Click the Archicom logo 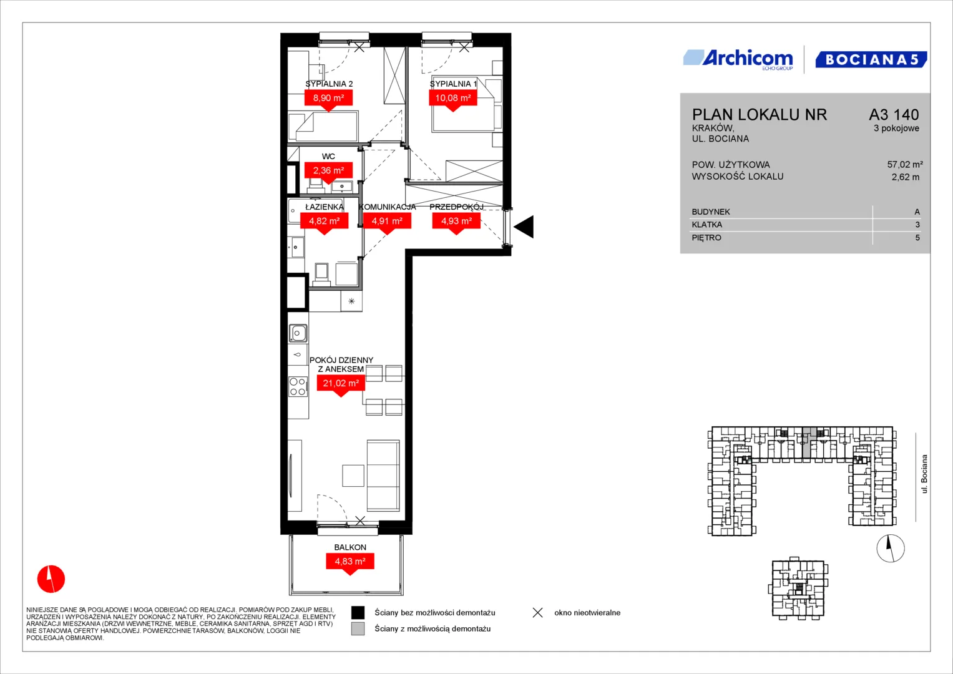(x=738, y=59)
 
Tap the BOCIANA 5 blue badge (x=871, y=59)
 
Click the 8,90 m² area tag (x=328, y=100)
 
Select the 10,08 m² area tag (x=452, y=100)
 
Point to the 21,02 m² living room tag (x=341, y=384)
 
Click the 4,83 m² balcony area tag (x=350, y=563)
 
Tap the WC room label (x=328, y=156)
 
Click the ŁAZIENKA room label (x=324, y=207)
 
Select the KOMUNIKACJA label (x=387, y=207)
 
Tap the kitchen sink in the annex (x=298, y=333)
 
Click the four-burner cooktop (x=298, y=386)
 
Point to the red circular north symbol (x=51, y=579)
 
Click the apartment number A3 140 (x=894, y=114)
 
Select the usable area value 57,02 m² (x=905, y=164)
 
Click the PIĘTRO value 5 (x=917, y=237)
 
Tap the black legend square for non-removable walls (x=358, y=612)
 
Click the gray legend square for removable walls (x=358, y=628)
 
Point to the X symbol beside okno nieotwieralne (x=538, y=612)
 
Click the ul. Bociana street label (x=924, y=474)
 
